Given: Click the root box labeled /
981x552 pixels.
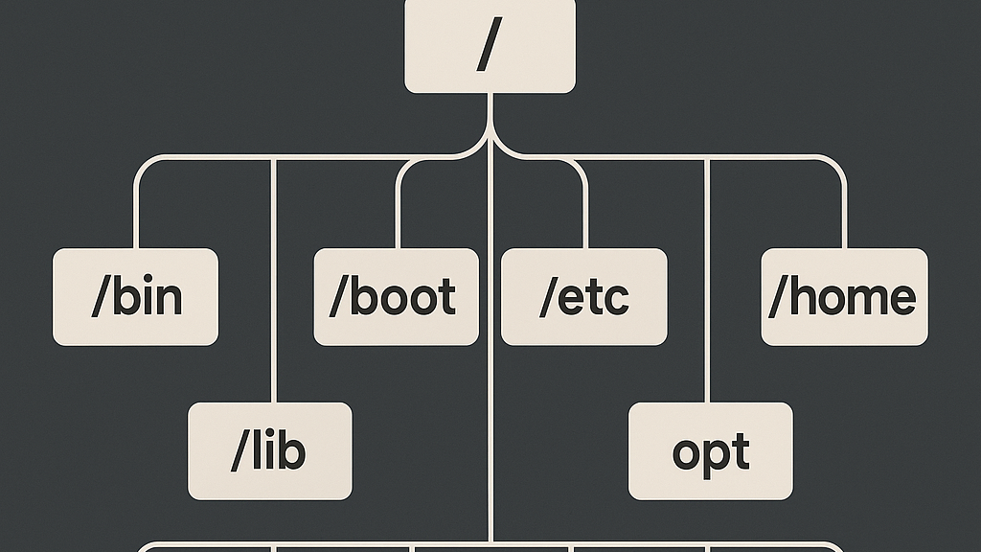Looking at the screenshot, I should point(490,46).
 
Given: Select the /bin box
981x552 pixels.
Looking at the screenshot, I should point(135,297).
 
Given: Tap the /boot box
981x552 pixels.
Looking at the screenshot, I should point(396,297).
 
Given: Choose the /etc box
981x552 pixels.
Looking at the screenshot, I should point(583,297).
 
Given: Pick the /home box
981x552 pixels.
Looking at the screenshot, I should point(844,297).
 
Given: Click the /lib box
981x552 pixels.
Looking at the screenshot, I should point(269,451).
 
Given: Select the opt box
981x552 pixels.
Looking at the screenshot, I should point(710,451).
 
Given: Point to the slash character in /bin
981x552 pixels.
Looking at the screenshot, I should point(100,298).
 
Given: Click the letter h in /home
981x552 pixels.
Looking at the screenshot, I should point(800,297).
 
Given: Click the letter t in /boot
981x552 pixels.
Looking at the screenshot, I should point(445,298).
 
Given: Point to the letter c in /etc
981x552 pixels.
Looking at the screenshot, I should point(619,300).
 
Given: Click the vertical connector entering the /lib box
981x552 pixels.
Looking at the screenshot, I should point(275,287).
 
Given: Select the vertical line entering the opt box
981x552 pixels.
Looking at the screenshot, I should point(707,287).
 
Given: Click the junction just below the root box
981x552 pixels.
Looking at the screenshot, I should point(490,129).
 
